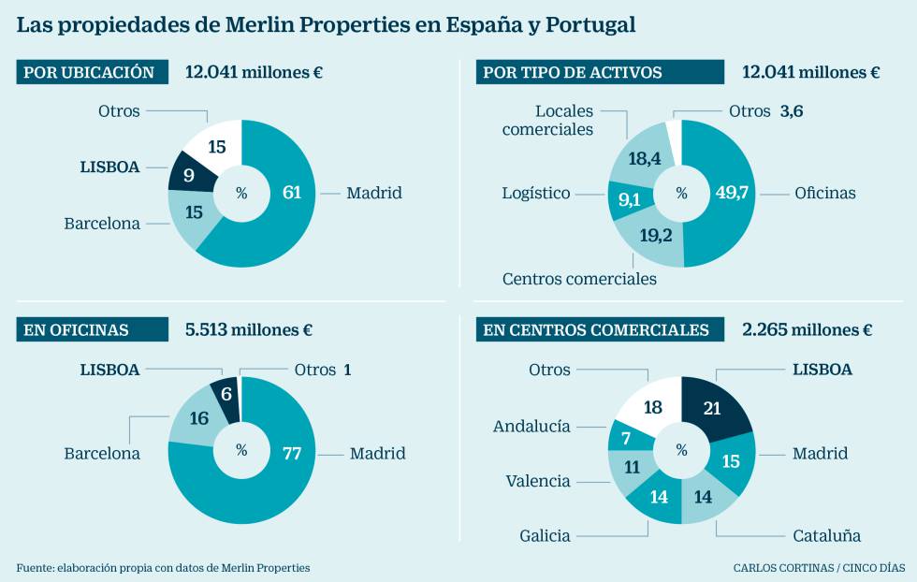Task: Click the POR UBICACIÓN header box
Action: [x=91, y=72]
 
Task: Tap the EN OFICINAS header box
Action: [x=91, y=329]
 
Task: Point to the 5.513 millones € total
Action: [x=249, y=329]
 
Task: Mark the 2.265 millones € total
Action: [x=807, y=329]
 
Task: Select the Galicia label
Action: [x=546, y=535]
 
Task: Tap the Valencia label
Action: [x=538, y=481]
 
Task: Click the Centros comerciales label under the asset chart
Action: [x=579, y=279]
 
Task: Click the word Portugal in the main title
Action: [x=589, y=25]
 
